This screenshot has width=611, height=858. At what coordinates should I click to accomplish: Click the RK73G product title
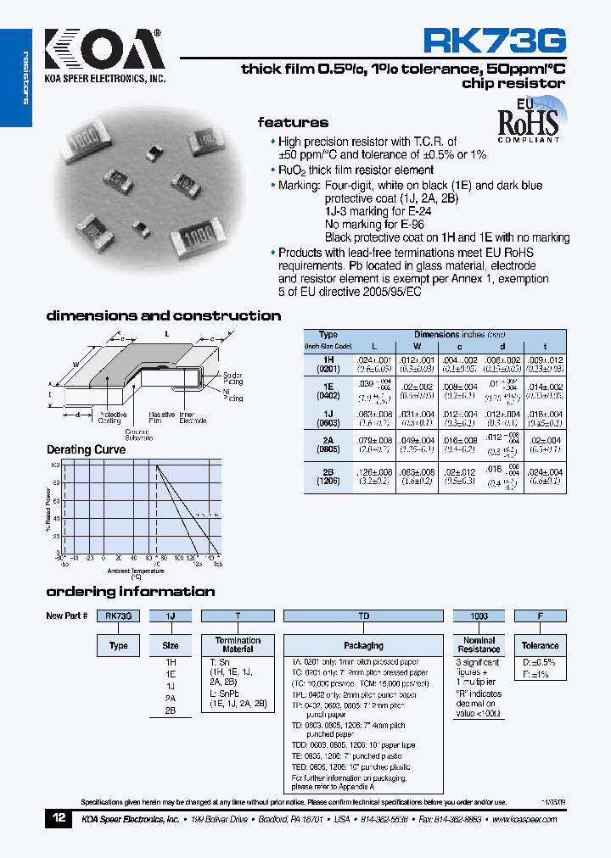[494, 42]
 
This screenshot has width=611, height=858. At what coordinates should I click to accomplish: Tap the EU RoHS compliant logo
[528, 123]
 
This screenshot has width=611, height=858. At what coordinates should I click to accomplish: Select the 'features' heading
[293, 122]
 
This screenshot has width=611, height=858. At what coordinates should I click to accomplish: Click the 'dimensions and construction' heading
[163, 315]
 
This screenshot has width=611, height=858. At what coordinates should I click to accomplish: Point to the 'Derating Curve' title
[86, 449]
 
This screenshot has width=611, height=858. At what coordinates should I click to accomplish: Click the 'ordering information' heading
[130, 591]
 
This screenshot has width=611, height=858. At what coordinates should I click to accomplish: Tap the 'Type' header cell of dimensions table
[328, 335]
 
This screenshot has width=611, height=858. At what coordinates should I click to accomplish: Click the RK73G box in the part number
[118, 616]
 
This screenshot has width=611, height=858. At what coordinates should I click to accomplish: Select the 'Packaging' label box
[363, 645]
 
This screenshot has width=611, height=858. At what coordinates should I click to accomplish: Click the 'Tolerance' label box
[540, 645]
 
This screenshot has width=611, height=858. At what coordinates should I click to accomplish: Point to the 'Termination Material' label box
[238, 644]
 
